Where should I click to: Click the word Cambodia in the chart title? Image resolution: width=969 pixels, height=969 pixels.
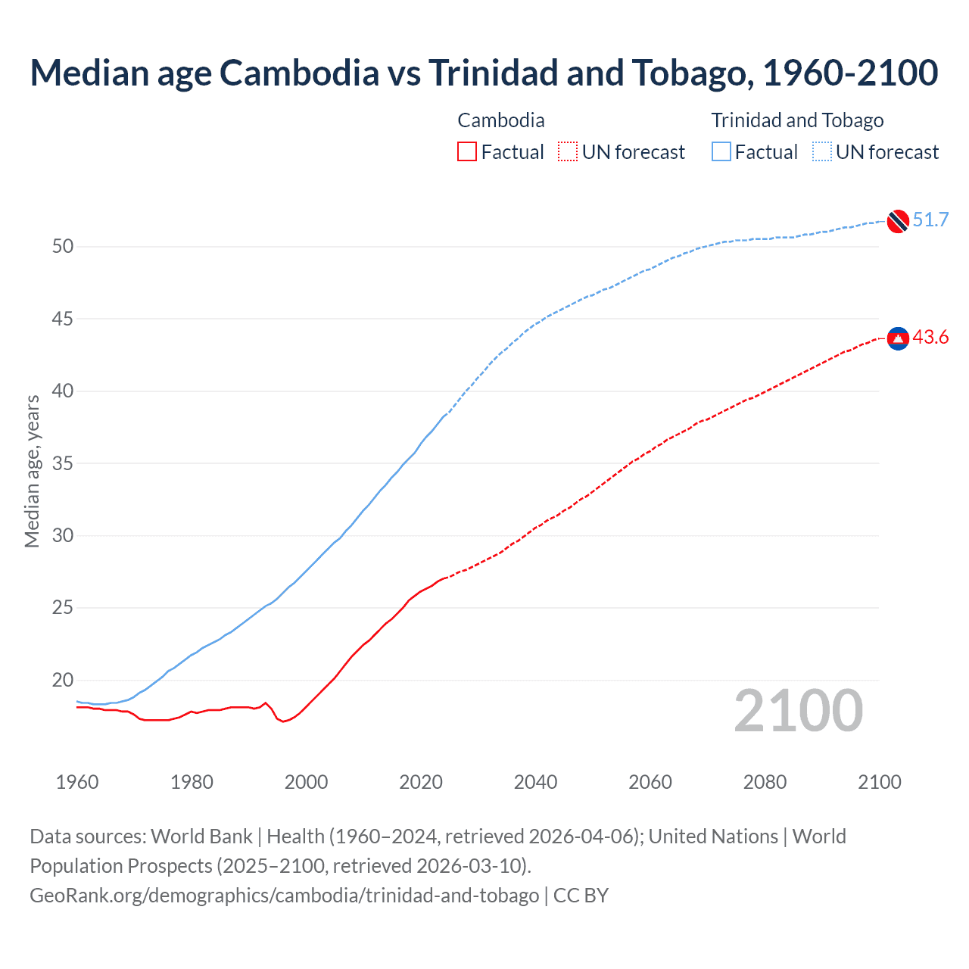(x=299, y=73)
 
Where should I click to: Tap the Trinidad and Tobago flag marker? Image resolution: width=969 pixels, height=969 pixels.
(x=898, y=220)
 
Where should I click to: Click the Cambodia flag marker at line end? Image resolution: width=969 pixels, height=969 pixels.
(x=898, y=338)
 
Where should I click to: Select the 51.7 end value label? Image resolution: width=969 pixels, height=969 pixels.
(x=930, y=220)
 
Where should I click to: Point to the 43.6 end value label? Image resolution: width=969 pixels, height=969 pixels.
(x=930, y=338)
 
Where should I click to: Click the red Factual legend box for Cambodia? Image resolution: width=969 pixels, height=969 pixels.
(x=467, y=152)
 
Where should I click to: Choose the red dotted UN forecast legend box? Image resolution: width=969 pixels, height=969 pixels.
(x=568, y=152)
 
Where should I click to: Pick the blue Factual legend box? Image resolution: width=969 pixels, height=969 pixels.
(x=721, y=152)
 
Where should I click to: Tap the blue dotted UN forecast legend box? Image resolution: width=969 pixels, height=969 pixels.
(x=822, y=152)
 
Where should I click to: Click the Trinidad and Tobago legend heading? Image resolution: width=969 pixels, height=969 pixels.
(x=797, y=120)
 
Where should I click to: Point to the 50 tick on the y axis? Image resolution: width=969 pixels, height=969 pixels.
(x=63, y=247)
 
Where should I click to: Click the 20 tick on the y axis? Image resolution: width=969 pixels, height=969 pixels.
(x=63, y=681)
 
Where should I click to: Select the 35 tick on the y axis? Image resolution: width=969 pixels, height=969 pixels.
(x=63, y=463)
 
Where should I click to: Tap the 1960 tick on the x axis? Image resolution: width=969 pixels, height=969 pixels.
(x=77, y=782)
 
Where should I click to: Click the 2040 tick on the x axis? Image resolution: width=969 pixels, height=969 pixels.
(x=535, y=782)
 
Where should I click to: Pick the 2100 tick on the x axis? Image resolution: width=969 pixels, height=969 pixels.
(x=879, y=782)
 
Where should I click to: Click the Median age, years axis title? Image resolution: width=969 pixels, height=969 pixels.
(x=32, y=471)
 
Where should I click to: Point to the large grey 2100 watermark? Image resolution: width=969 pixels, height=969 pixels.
(x=798, y=710)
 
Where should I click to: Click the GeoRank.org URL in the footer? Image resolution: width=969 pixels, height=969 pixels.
(x=284, y=896)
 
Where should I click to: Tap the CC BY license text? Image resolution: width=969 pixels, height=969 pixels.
(x=581, y=896)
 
